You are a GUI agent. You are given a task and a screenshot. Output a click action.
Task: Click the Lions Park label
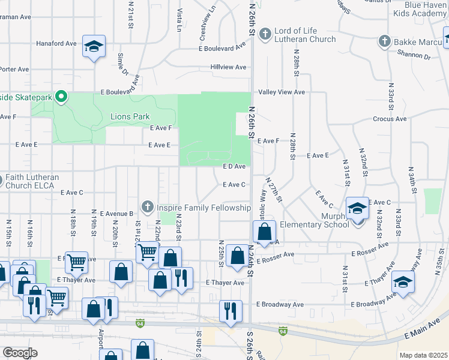pos(130,116)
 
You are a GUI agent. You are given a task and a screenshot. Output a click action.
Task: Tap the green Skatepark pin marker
pos(61,96)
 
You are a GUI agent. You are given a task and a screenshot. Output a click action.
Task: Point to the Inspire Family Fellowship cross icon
pos(146,208)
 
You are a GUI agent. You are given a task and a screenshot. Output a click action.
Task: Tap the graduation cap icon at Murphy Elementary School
pos(358,208)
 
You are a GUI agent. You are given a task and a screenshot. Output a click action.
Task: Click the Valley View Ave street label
pos(282,92)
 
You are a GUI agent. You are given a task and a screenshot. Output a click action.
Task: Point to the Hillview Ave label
pos(229,67)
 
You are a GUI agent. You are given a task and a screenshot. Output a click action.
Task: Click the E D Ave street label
pos(234,166)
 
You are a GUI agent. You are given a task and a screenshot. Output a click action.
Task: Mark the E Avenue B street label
pos(116,214)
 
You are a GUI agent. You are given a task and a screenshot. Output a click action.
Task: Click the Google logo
pos(20,353)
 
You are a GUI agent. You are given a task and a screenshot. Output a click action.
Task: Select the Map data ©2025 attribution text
pos(423,355)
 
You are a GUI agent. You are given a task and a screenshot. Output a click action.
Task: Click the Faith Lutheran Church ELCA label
pos(32,181)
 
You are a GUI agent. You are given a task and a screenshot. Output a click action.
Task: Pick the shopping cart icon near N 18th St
pos(76,261)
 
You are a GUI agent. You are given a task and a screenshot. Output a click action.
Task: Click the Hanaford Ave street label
pos(56,44)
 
